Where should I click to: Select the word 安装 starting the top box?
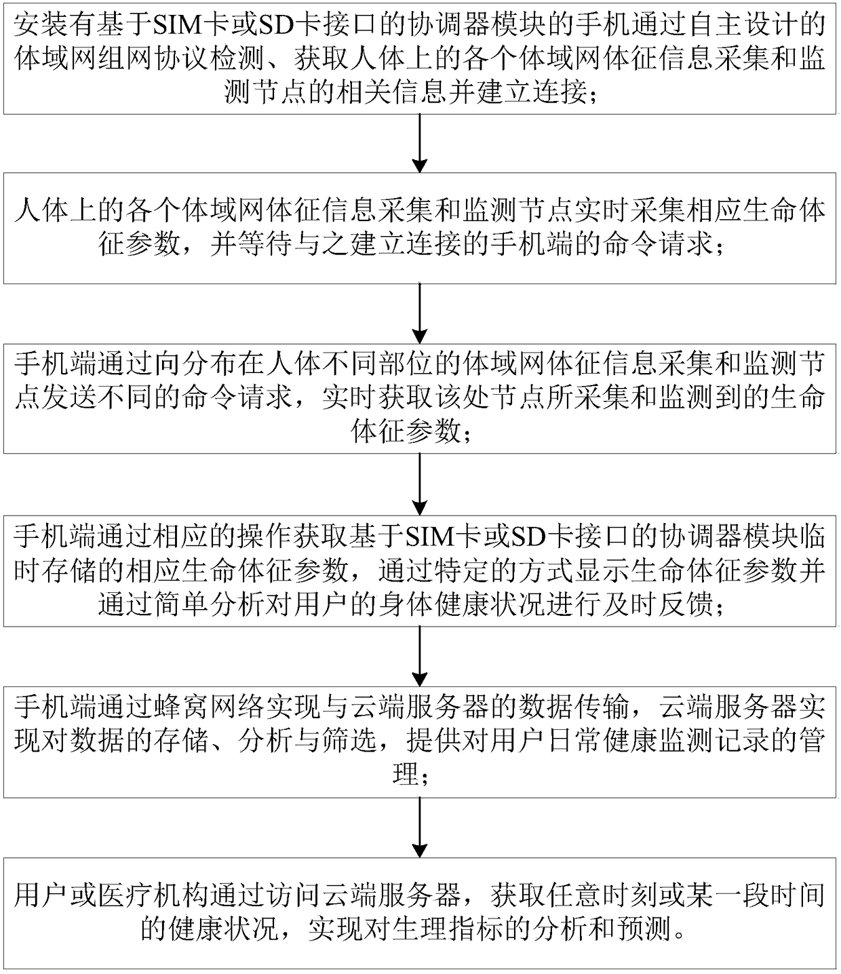coord(41,26)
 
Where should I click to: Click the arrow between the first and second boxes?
coord(420,142)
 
